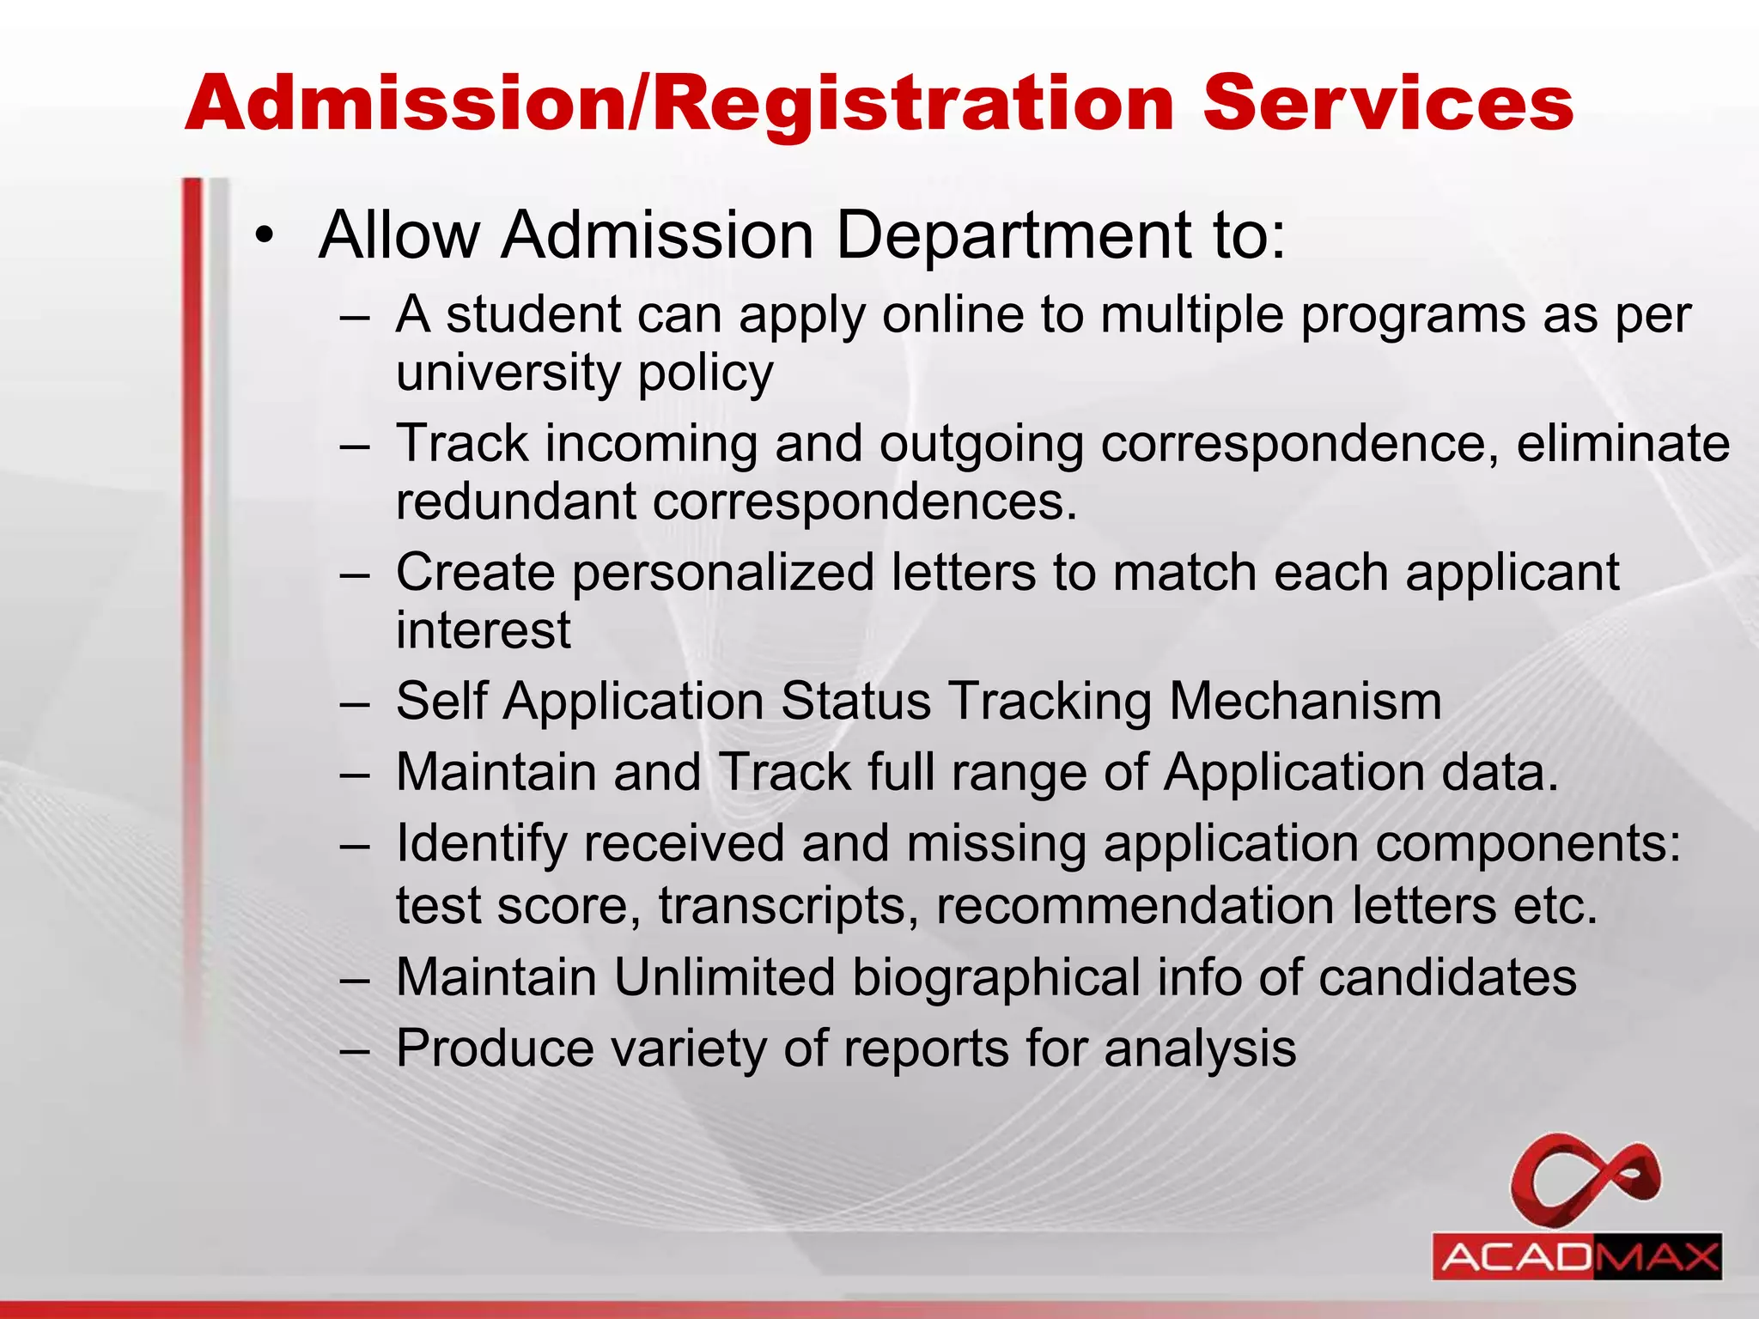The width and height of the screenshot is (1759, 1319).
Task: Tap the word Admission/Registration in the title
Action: click(x=679, y=105)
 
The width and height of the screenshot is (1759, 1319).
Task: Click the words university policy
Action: click(x=584, y=373)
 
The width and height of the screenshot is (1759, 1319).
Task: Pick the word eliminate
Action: click(x=1622, y=443)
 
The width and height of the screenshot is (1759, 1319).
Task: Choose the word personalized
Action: click(x=722, y=572)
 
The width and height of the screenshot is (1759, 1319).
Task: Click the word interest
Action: click(x=483, y=629)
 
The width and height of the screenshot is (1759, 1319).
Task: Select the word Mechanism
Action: click(x=1305, y=701)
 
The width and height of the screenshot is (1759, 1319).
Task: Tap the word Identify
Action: click(x=481, y=843)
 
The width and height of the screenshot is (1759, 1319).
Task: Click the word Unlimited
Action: click(x=724, y=977)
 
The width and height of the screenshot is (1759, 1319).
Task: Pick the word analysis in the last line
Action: click(x=1200, y=1049)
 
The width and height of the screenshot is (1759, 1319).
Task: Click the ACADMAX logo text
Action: click(x=1577, y=1257)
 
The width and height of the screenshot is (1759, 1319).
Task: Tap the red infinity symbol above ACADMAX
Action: click(x=1586, y=1180)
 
